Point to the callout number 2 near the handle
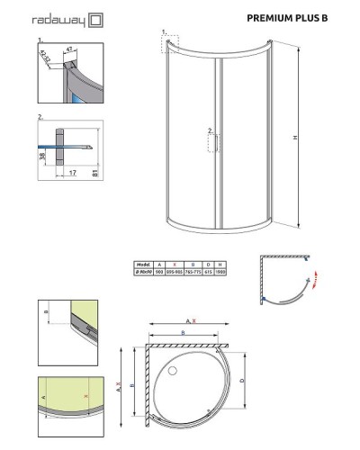tap(209, 130)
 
